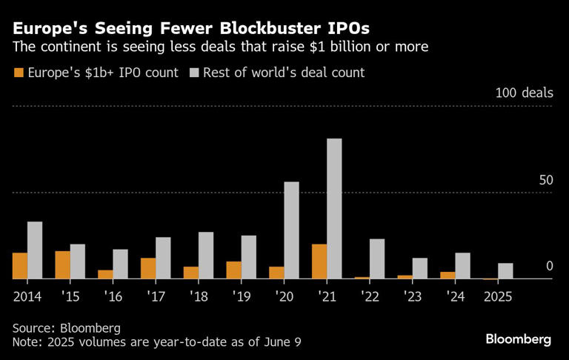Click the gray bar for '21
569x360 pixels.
[334, 209]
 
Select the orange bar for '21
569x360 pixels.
[319, 261]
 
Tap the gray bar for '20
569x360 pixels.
[291, 230]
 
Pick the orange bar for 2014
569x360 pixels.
[19, 266]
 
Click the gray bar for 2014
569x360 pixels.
[35, 250]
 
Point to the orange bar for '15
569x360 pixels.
[62, 265]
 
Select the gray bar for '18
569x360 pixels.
[206, 256]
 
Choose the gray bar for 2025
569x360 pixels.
[505, 271]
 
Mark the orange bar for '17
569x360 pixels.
[148, 268]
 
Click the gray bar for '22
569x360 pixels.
[377, 259]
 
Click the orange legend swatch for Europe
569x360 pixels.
[18, 73]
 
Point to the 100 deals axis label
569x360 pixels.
[525, 93]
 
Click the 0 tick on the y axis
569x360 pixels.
[549, 266]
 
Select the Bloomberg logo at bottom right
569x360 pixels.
[518, 339]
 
